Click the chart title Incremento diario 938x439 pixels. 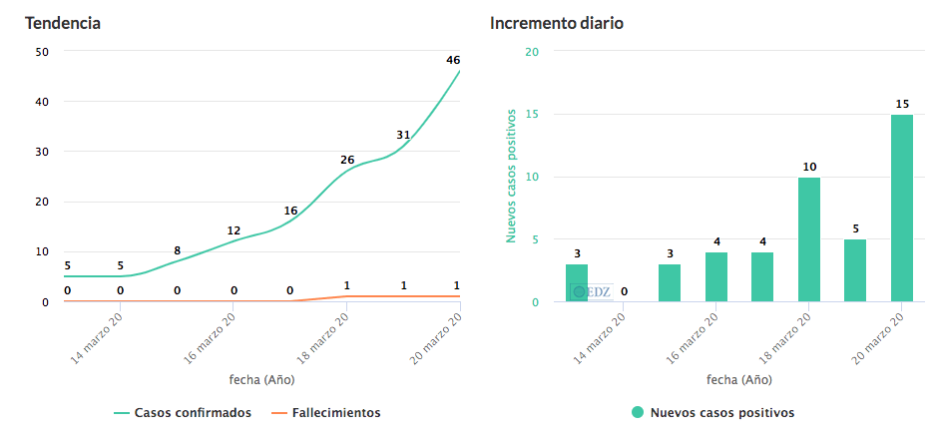coord(556,23)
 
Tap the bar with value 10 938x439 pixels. coord(808,239)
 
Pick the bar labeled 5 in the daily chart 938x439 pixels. coord(855,270)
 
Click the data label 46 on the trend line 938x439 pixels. coord(453,60)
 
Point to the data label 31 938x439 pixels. coord(403,135)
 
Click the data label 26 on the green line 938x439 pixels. coord(347,160)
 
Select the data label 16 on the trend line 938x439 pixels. coord(290,211)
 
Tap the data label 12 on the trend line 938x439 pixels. coord(234,230)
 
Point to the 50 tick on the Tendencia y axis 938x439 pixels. coord(41,52)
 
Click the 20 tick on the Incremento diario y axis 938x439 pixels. coord(532,52)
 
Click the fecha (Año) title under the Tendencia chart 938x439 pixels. coord(261,379)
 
